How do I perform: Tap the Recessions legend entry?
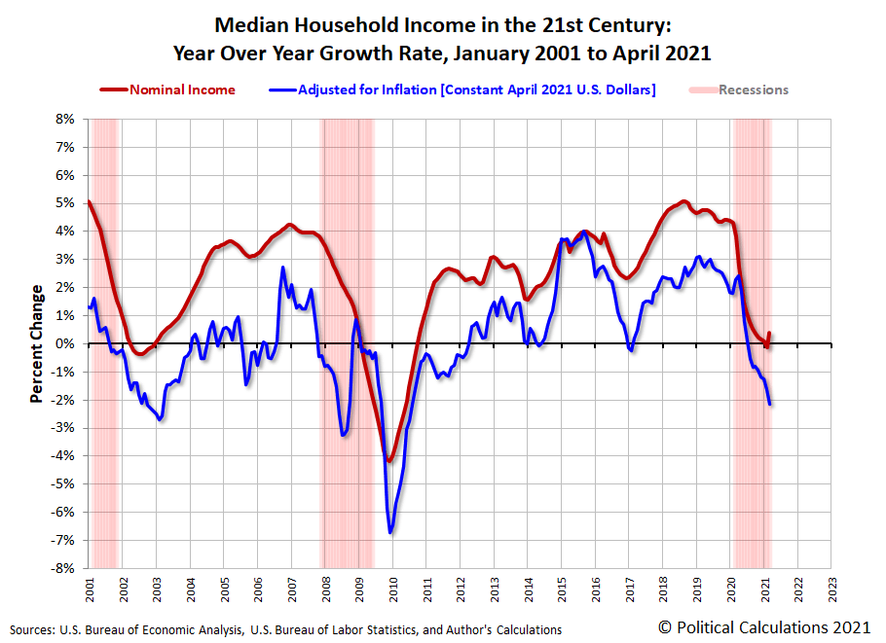point(753,89)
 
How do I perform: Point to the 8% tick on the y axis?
point(65,119)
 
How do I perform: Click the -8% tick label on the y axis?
point(63,568)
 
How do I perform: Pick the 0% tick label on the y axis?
point(65,343)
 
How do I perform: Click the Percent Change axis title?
point(36,343)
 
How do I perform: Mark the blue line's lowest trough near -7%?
point(390,532)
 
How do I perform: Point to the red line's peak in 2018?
point(683,201)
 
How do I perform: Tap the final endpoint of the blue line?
point(769,404)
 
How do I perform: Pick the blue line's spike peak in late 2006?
point(282,268)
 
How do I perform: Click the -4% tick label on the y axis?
point(63,456)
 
